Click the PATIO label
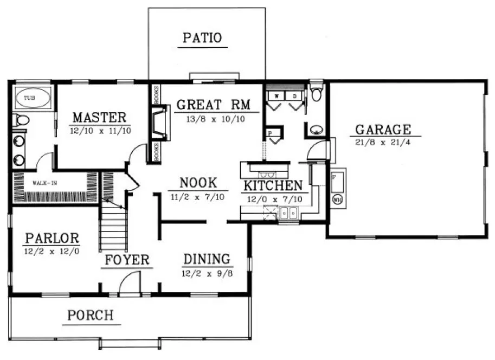pos(202,37)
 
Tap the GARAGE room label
pos(383,130)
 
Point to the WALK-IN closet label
pos(44,183)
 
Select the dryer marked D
pos(294,96)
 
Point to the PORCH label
pos(91,314)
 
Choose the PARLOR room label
pos(52,239)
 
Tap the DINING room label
pos(206,259)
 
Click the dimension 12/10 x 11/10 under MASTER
pos(100,130)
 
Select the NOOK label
pos(198,182)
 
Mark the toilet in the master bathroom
pos(21,119)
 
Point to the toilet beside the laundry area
pos(317,94)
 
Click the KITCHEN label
pos(273,186)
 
